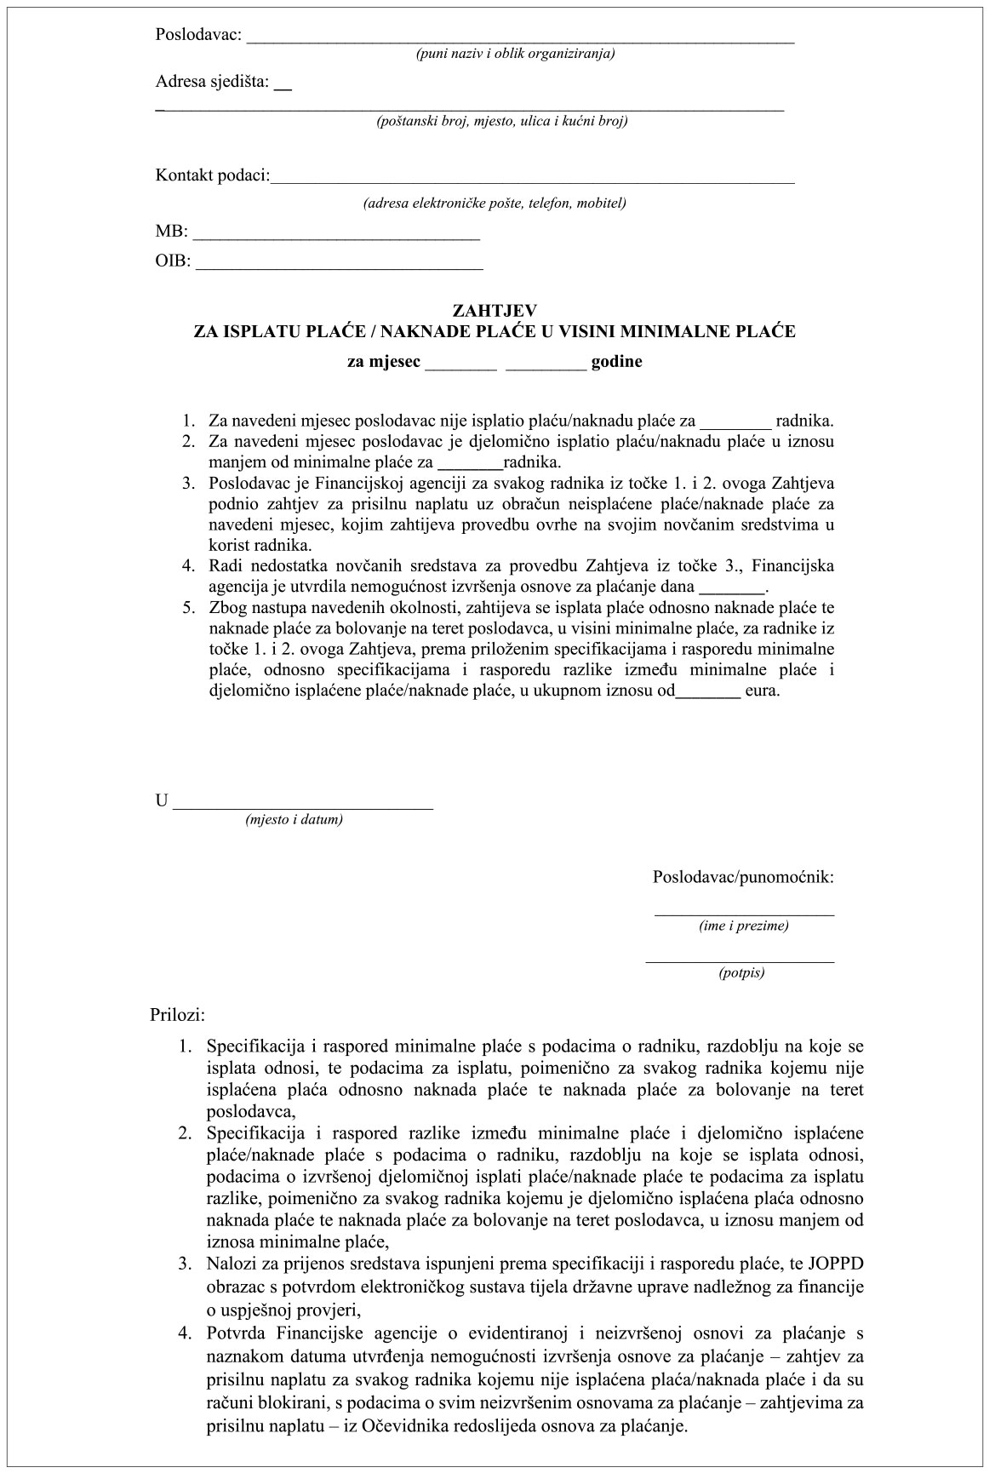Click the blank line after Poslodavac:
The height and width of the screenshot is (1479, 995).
tap(520, 37)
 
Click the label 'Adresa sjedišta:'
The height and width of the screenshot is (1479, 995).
tap(212, 83)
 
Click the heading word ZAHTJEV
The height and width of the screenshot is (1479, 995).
tap(495, 312)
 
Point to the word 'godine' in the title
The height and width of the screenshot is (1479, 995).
tap(616, 361)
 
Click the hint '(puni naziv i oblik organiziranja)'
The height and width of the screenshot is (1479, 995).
tap(515, 54)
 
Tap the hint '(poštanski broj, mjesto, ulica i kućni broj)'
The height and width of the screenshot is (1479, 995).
tap(502, 122)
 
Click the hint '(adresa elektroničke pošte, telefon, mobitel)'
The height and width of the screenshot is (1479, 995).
tap(494, 204)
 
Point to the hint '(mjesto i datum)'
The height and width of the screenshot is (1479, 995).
tap(294, 821)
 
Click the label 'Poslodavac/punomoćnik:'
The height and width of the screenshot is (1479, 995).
tap(742, 877)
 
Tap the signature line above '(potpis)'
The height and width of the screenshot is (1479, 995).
tap(740, 960)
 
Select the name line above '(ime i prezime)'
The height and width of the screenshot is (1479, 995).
tap(744, 914)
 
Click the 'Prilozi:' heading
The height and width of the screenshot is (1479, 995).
tap(178, 1015)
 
